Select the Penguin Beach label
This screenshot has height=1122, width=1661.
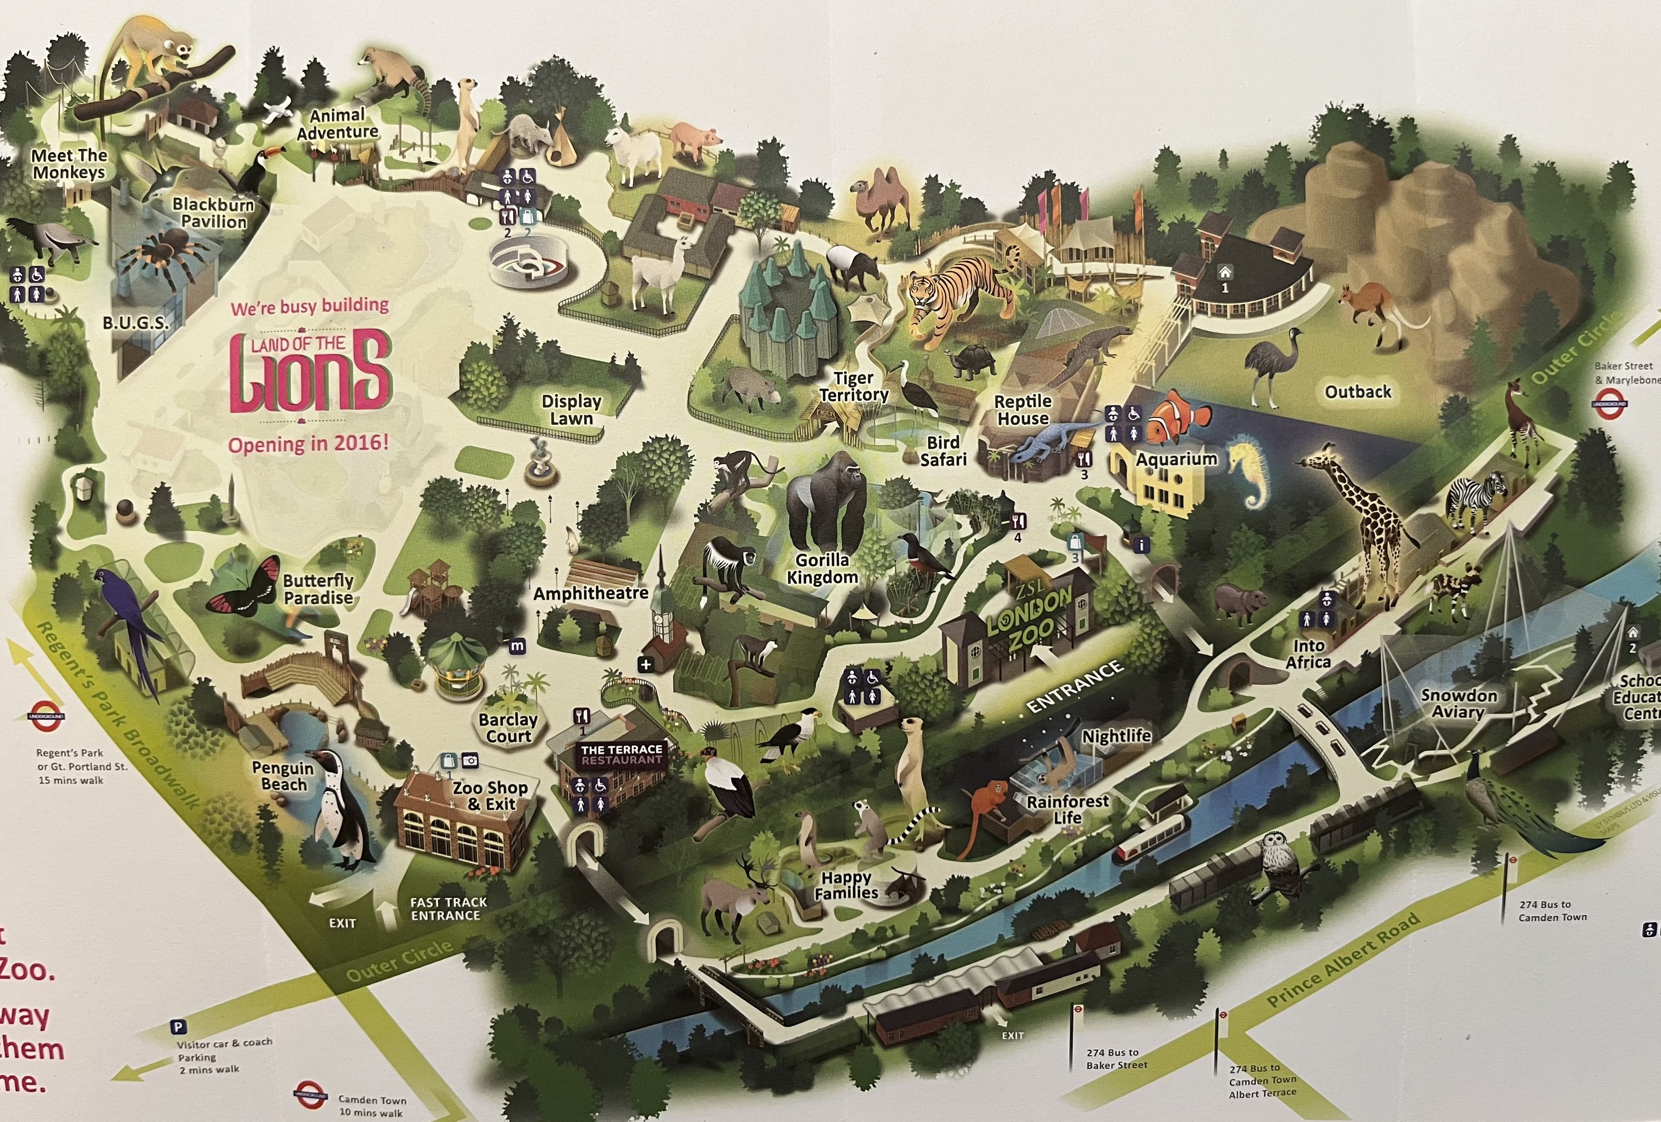click(283, 776)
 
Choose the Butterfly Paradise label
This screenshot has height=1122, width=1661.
click(318, 590)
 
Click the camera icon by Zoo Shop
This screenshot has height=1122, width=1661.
click(470, 760)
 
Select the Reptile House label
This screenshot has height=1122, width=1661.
click(1023, 410)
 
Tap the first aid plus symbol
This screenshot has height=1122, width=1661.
click(646, 664)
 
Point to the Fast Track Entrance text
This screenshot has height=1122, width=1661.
click(448, 909)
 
